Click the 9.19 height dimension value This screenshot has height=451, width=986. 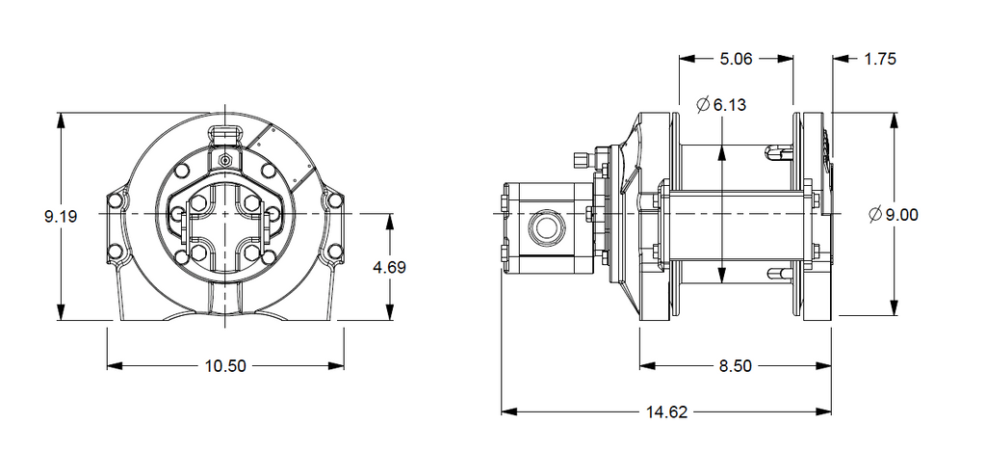tap(61, 217)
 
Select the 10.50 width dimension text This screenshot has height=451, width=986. tap(225, 365)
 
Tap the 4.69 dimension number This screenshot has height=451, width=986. tap(389, 267)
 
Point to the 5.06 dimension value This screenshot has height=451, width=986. tap(736, 59)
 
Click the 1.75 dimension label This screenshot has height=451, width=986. tap(880, 59)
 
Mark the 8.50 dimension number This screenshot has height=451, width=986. tap(735, 365)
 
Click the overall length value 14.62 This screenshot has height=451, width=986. tap(665, 411)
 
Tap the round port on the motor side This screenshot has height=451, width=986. tap(547, 227)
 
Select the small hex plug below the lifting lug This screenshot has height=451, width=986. tap(225, 159)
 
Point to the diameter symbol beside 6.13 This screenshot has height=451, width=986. tap(702, 104)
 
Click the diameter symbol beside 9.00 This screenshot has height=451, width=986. tap(874, 215)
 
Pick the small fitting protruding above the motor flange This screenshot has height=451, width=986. tap(580, 159)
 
